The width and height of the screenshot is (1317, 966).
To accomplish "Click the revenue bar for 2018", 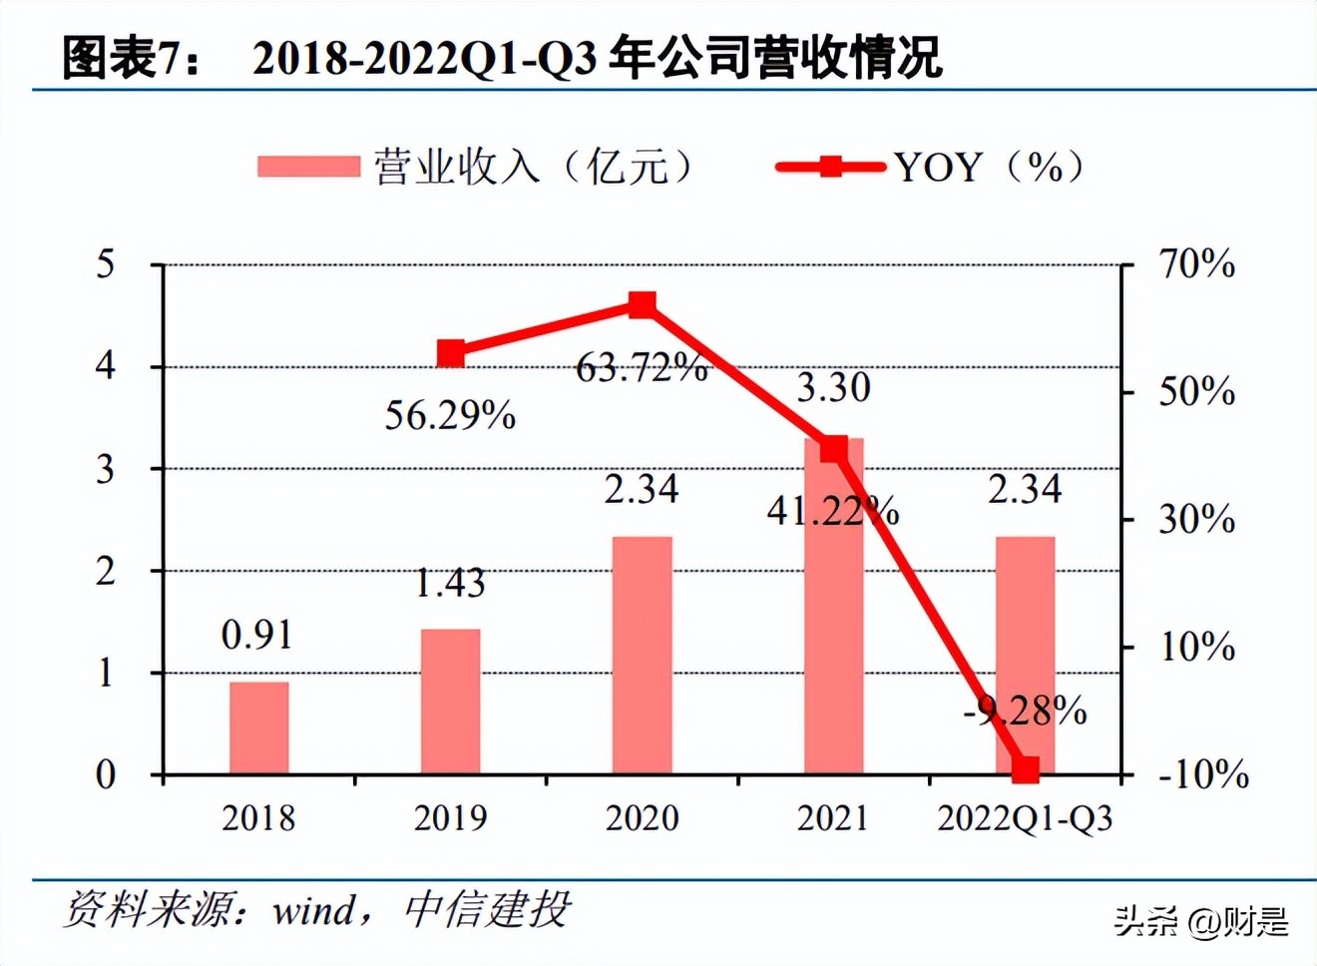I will [258, 727].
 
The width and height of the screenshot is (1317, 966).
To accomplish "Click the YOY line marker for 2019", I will [451, 353].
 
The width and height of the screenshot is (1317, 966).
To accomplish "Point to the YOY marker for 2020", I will [643, 304].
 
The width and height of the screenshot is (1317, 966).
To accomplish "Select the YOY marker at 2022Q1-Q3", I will [1025, 769].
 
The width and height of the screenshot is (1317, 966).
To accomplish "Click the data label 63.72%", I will [642, 368].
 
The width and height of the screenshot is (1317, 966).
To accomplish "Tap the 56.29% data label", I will [450, 415].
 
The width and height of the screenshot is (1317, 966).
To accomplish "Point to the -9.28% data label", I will [1025, 712].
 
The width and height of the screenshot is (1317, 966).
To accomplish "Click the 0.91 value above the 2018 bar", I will [257, 635].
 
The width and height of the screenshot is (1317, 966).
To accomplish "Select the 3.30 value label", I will [833, 387].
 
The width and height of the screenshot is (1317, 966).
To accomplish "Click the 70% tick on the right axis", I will [1195, 264].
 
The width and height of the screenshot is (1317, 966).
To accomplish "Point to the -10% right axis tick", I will [1202, 774].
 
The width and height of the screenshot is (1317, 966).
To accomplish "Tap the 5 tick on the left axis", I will [105, 264].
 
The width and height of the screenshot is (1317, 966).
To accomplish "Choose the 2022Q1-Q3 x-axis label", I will [1025, 818].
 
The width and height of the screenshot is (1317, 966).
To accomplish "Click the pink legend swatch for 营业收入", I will [308, 167].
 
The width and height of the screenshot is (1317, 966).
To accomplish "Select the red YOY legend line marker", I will [830, 167].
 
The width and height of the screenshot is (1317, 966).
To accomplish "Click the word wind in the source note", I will [313, 910].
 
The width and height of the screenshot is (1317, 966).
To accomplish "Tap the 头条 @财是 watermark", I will [1201, 920].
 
